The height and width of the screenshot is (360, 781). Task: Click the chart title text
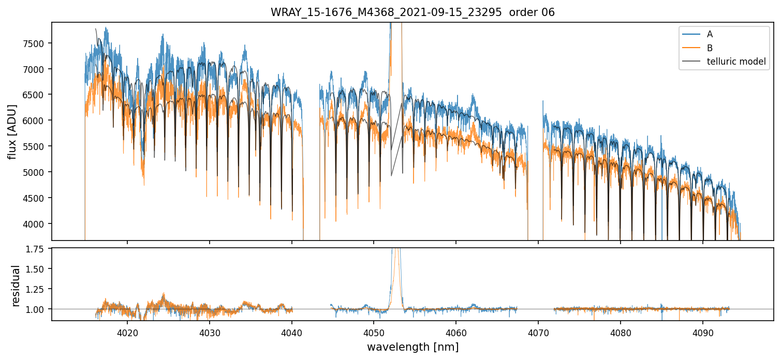click(412, 12)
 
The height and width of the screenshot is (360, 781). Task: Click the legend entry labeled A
click(710, 34)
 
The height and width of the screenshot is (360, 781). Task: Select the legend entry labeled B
click(710, 48)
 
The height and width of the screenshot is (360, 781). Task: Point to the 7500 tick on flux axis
click(35, 43)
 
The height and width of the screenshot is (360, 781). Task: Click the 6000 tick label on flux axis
click(35, 121)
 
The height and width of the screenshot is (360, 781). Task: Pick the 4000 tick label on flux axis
click(35, 224)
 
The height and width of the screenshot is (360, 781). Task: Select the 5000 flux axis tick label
click(35, 172)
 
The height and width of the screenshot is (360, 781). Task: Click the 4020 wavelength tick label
click(127, 332)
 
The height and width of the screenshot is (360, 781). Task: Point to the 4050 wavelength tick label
click(374, 332)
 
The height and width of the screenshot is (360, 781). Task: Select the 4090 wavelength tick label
click(702, 332)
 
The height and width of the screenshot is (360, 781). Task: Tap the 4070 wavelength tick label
click(538, 332)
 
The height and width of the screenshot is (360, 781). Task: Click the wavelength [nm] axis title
click(412, 347)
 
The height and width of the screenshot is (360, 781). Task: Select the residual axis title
click(16, 286)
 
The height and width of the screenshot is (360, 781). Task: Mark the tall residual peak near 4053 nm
click(396, 259)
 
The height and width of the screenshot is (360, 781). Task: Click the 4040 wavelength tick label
click(292, 332)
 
